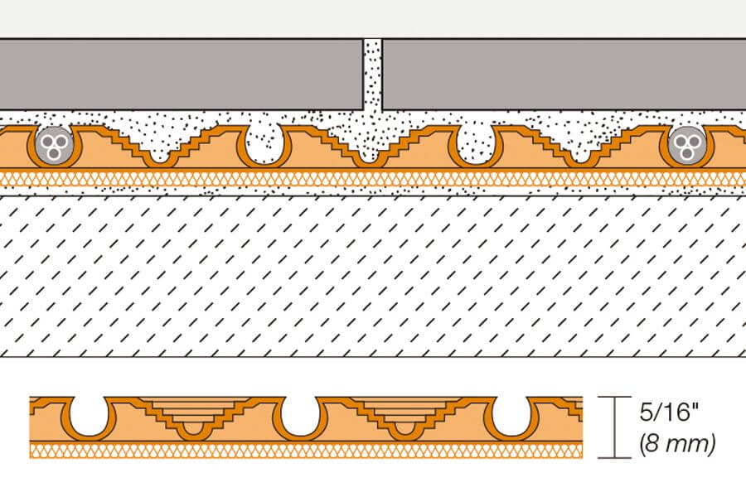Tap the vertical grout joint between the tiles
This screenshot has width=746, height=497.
373,75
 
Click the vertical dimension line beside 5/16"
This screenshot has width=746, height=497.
614,427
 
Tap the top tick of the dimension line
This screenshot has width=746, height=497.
614,398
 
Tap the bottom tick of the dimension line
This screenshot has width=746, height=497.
614,456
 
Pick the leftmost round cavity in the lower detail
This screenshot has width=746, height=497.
85,418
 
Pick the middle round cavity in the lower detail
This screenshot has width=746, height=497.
297,418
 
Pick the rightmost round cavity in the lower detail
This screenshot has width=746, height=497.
507,418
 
